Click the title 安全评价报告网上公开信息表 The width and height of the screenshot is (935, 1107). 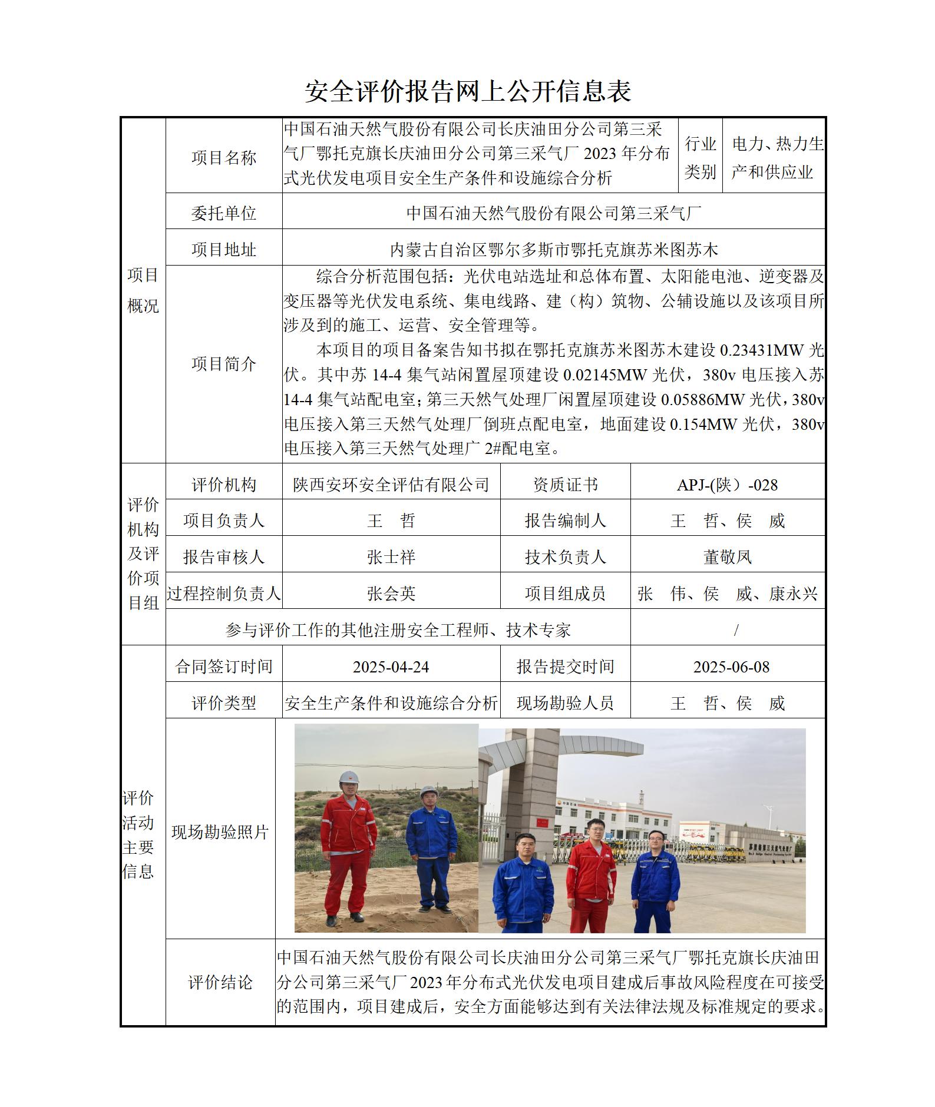pyautogui.click(x=468, y=91)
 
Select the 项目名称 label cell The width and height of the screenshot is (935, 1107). pyautogui.click(x=223, y=157)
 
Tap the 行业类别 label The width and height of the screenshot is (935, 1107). pyautogui.click(x=700, y=157)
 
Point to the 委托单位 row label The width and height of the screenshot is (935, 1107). pyautogui.click(x=223, y=213)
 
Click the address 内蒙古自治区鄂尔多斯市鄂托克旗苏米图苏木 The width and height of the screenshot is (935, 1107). pyautogui.click(x=553, y=250)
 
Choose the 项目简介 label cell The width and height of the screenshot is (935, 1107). pyautogui.click(x=223, y=364)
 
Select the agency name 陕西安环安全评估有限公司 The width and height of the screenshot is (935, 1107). pyautogui.click(x=391, y=485)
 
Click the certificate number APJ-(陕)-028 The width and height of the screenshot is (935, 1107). pyautogui.click(x=727, y=485)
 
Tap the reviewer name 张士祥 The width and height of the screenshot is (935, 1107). pyautogui.click(x=391, y=556)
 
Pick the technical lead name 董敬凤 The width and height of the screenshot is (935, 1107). pyautogui.click(x=727, y=556)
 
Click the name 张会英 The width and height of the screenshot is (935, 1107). pyautogui.click(x=391, y=593)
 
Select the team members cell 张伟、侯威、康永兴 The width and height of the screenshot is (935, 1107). pyautogui.click(x=727, y=594)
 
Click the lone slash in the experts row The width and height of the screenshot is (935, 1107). pyautogui.click(x=736, y=630)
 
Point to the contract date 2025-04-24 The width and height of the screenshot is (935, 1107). pyautogui.click(x=391, y=667)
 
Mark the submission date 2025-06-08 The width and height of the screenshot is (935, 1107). pyautogui.click(x=731, y=667)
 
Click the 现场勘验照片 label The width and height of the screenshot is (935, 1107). pyautogui.click(x=220, y=832)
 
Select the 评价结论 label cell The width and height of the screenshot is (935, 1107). pyautogui.click(x=220, y=982)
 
